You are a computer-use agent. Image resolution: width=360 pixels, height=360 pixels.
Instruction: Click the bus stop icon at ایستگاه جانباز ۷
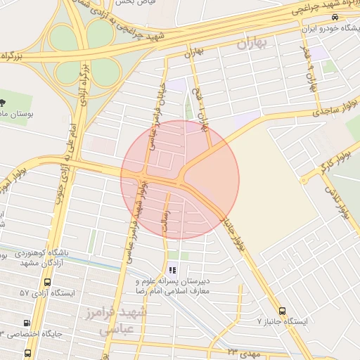282,310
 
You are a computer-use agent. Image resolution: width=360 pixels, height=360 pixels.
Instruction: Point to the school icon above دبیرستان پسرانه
172,270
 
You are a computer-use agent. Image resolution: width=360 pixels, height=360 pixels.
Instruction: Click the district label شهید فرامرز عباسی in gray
123,319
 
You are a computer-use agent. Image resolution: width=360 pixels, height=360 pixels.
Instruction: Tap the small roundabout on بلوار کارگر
303,180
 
